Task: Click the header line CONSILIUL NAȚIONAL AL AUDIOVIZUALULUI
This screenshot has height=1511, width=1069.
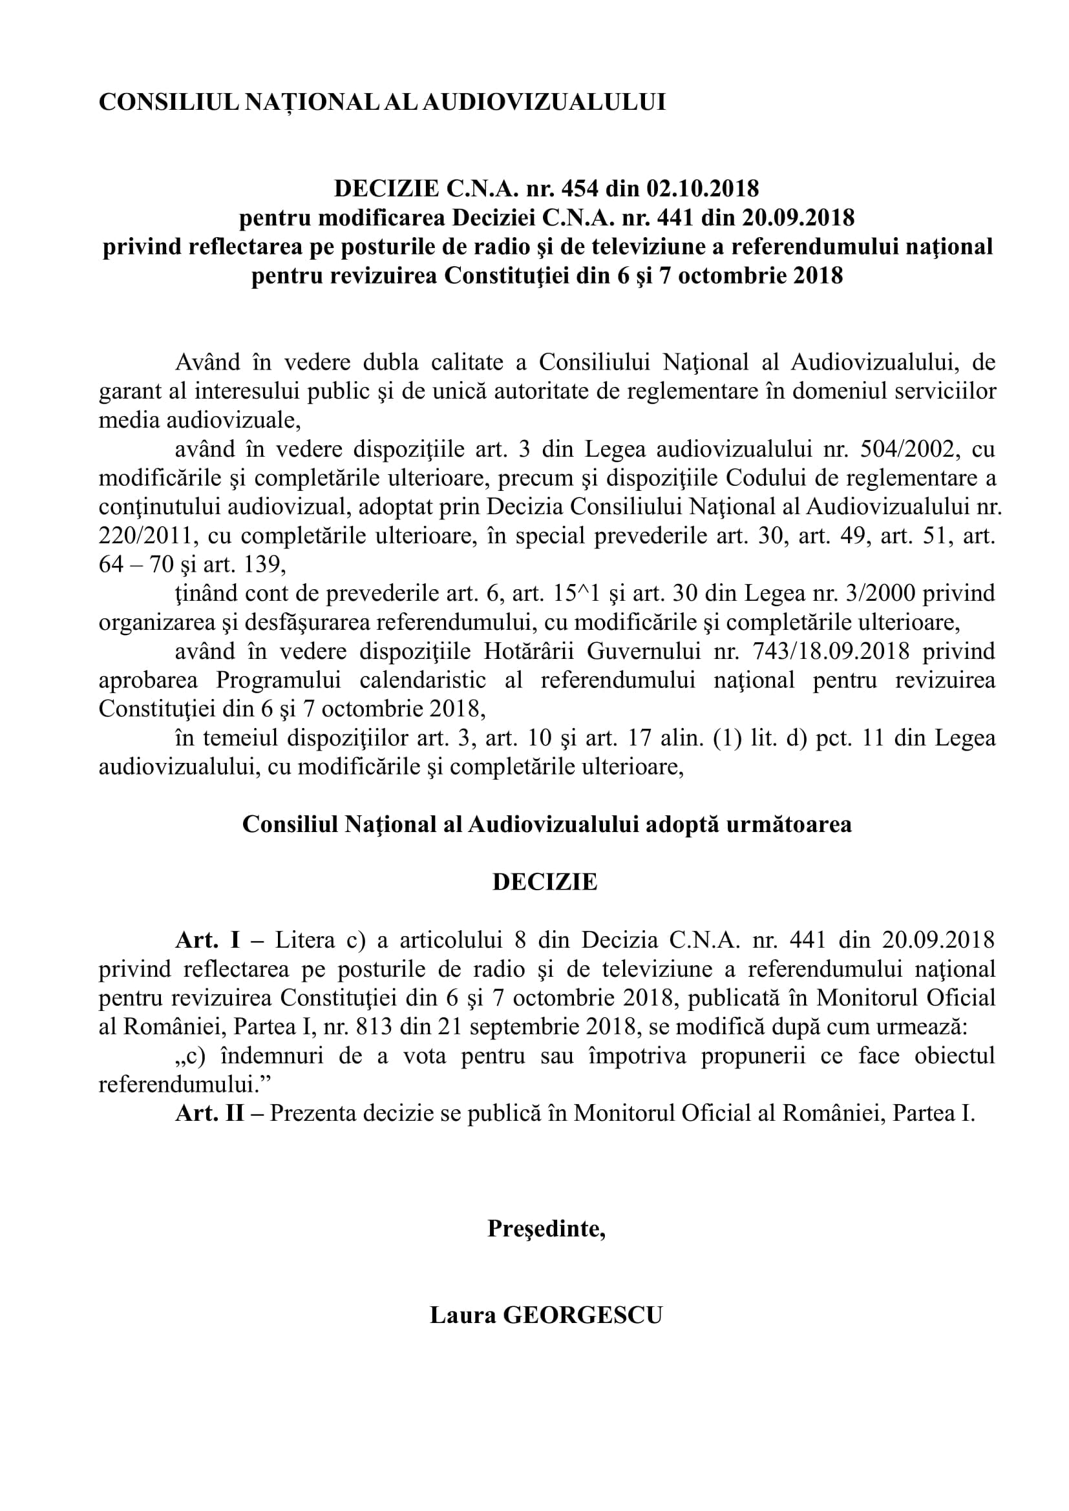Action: click(382, 102)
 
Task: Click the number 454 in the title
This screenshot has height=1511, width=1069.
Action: click(579, 189)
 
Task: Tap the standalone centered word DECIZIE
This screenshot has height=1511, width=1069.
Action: click(544, 882)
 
